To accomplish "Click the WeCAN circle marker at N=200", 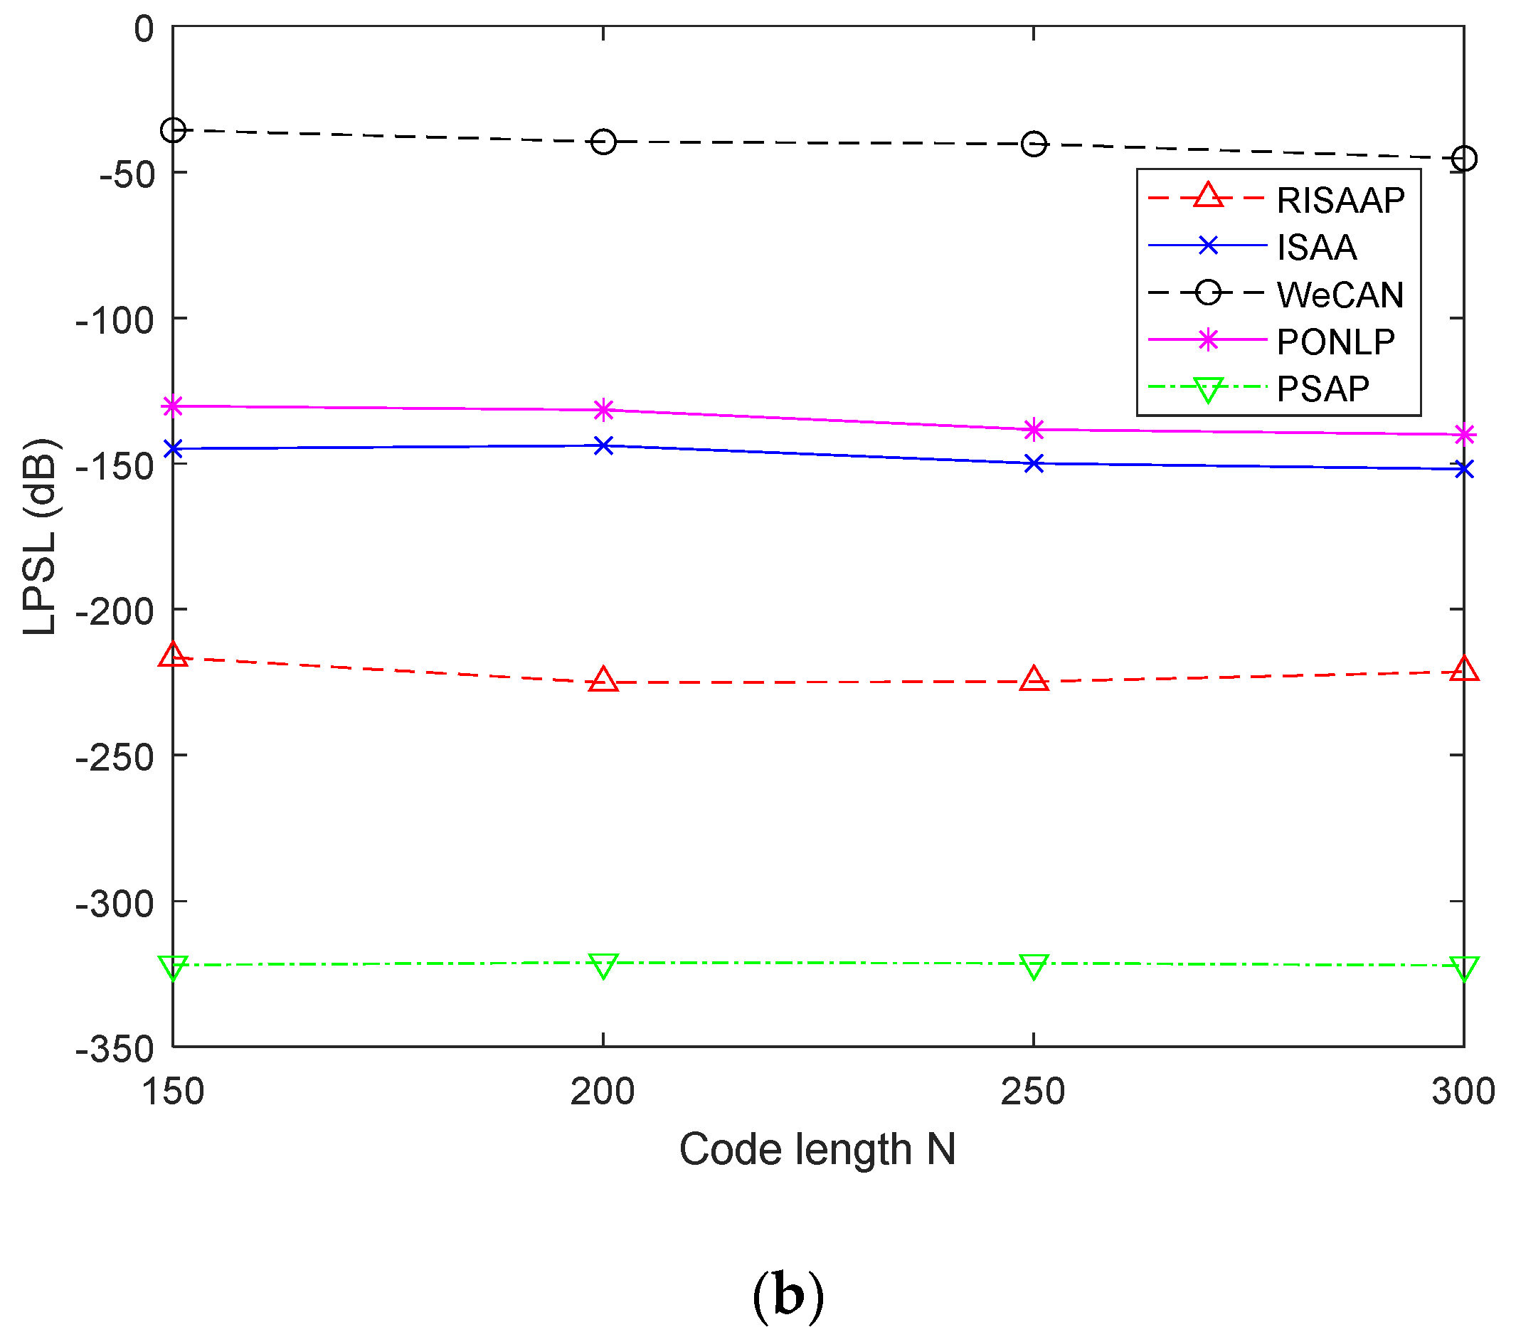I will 604,142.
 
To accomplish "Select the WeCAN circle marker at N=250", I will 1034,144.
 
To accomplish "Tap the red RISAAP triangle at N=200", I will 604,680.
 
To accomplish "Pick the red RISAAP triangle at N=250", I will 1034,680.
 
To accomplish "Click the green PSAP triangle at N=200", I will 604,965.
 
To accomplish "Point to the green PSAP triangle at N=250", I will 1034,966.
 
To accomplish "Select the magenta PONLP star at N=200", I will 604,409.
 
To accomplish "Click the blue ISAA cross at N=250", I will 1034,465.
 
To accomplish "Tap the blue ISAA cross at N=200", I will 604,446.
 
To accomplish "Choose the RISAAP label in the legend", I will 1340,200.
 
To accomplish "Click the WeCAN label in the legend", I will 1340,295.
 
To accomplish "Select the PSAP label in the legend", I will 1323,389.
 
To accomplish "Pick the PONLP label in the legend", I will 1336,342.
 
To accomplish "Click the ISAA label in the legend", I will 1317,248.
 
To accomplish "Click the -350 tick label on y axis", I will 115,1050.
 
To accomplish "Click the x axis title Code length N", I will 817,1149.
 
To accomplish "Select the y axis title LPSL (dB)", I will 40,537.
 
